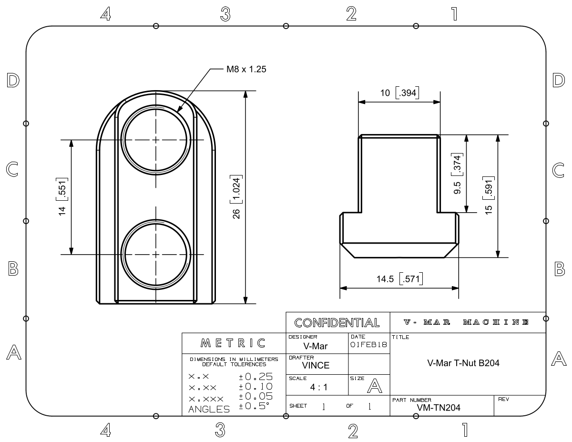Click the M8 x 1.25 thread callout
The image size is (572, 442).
(245, 70)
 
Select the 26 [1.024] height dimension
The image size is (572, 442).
(235, 197)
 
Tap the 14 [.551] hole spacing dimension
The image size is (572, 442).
(62, 197)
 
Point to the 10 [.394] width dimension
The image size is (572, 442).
(399, 93)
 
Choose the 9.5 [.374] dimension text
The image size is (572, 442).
(457, 174)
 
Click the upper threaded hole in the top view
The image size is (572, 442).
(155, 140)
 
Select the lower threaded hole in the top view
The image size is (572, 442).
(155, 254)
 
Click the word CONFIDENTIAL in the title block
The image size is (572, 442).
(337, 323)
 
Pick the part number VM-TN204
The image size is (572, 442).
(439, 408)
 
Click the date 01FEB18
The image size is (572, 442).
(369, 345)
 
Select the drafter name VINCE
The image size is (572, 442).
(316, 366)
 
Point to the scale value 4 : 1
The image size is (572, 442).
(318, 387)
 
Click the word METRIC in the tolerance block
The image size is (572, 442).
(234, 343)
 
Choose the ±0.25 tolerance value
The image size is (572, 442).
(255, 377)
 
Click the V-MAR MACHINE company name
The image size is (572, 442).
(467, 322)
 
